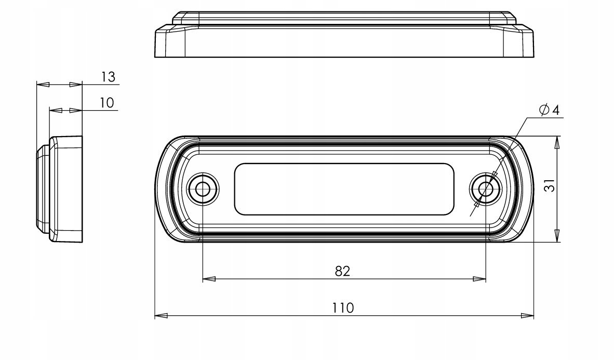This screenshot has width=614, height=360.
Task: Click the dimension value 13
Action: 108,77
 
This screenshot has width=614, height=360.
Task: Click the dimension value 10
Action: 106,103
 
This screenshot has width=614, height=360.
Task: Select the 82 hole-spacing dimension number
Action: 342,271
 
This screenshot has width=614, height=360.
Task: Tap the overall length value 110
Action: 343,308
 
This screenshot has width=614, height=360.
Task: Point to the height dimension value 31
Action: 550,185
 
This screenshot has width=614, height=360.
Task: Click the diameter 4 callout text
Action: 549,110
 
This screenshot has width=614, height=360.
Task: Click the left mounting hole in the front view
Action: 203,189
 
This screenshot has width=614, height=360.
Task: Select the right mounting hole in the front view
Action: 486,189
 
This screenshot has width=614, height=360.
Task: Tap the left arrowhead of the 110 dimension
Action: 161,315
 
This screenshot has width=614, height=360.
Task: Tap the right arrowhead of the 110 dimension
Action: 527,315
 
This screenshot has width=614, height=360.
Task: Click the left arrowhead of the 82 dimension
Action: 209,279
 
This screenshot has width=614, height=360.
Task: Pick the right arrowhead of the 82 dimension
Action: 479,279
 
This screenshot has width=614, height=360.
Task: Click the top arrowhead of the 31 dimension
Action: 557,142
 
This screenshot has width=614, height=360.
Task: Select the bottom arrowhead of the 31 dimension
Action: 557,235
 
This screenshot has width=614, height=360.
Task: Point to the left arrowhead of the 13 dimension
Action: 43,84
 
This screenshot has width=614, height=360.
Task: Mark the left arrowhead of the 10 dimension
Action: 56,111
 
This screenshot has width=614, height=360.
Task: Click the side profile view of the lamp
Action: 60,189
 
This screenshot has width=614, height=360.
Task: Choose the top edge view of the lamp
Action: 344,34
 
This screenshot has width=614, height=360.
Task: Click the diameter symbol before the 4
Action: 544,110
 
